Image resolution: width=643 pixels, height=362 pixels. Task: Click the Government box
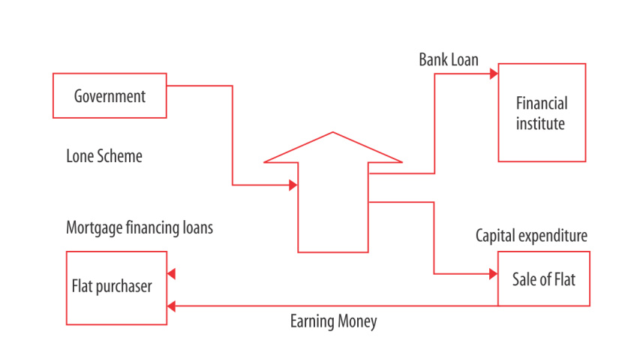click(110, 95)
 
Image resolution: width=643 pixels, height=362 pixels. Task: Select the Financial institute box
click(541, 113)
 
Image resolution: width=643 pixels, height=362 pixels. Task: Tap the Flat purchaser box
click(116, 287)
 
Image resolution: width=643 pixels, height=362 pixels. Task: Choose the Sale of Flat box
click(543, 279)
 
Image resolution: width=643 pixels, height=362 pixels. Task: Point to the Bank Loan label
click(448, 60)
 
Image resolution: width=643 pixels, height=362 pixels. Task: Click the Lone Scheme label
click(104, 157)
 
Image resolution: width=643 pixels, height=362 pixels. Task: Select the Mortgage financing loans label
click(140, 228)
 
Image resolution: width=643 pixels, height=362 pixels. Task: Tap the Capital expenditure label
click(531, 236)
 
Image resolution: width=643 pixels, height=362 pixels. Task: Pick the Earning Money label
click(333, 322)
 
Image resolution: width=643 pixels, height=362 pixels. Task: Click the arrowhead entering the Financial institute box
click(494, 74)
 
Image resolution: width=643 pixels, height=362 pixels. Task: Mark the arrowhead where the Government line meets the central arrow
click(293, 184)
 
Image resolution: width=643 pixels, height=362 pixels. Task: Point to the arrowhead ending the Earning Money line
click(171, 306)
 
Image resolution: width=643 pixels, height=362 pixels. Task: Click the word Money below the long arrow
click(355, 322)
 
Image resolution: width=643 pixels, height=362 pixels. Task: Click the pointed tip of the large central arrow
click(333, 134)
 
